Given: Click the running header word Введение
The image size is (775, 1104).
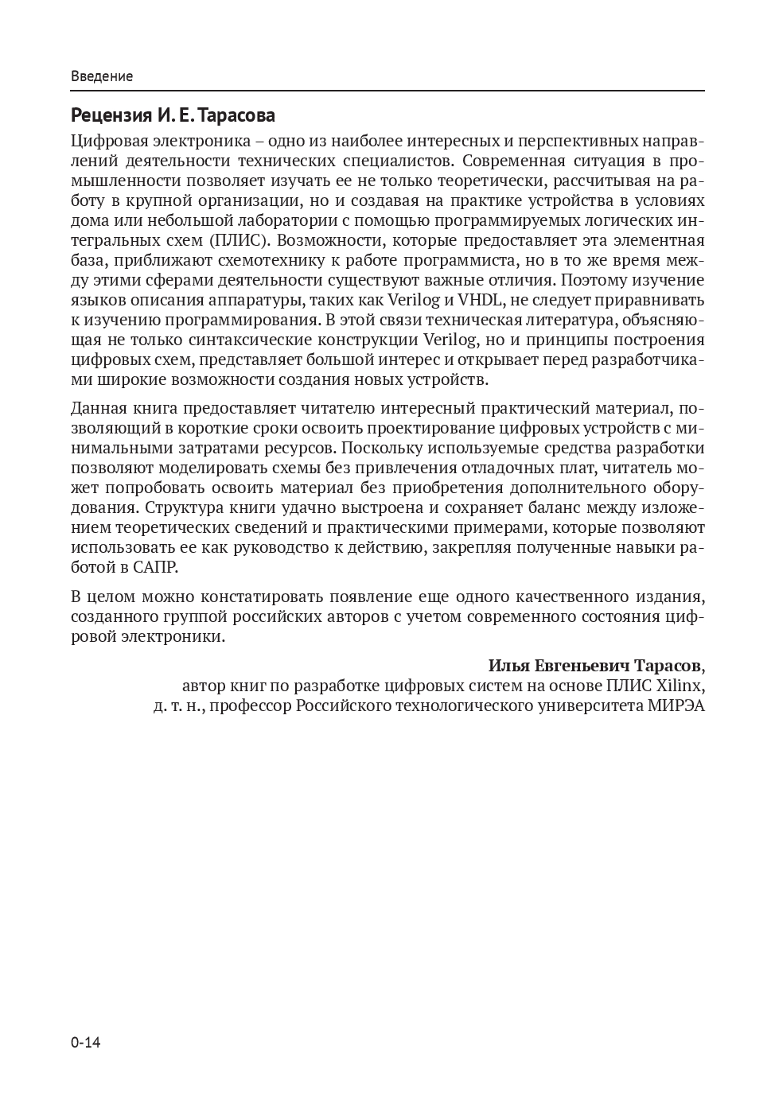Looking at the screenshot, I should click(102, 76).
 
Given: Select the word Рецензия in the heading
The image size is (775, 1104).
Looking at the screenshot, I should click(111, 116).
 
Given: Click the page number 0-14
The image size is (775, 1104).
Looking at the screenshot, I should click(86, 1043).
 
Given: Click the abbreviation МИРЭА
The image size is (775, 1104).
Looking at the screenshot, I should click(676, 706).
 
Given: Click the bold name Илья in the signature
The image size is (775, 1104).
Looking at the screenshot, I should click(508, 666).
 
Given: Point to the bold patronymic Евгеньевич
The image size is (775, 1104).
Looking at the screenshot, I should click(586, 666).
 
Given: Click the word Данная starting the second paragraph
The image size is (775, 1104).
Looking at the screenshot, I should click(98, 409).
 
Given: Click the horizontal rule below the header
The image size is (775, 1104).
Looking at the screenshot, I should click(387, 91).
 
